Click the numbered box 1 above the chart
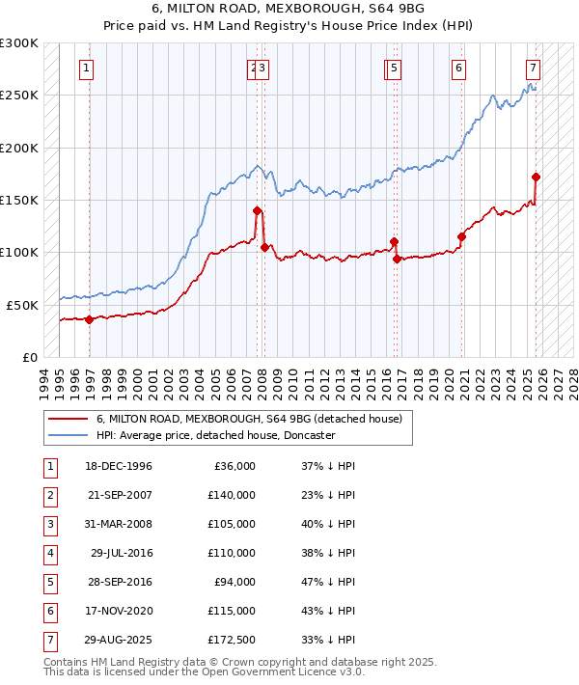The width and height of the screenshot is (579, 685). pos(87,68)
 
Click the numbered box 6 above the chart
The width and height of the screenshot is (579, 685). pos(458,68)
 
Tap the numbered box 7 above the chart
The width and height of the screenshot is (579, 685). pos(533,68)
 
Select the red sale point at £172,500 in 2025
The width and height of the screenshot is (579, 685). pos(536,177)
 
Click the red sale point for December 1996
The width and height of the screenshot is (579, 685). pos(89,319)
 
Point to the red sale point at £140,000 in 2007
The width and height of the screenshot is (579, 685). pos(257,210)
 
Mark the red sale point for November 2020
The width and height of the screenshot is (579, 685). pos(461,236)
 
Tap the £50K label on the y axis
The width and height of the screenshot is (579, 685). pos(22,305)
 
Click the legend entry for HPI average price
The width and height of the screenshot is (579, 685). pos(214,435)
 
